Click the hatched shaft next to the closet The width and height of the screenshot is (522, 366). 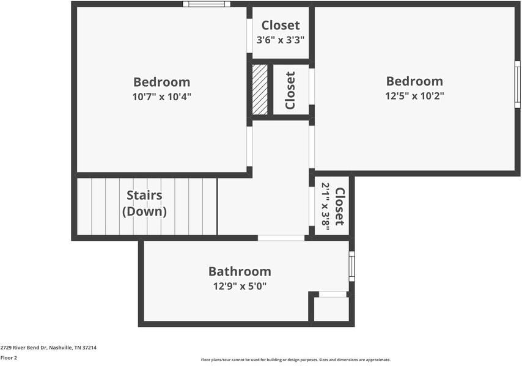(260, 89)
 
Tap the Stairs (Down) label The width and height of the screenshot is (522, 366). (144, 203)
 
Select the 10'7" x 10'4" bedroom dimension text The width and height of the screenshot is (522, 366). (161, 97)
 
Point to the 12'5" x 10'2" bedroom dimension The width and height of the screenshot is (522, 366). (414, 96)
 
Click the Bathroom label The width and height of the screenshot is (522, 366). (240, 271)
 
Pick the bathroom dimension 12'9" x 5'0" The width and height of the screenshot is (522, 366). (240, 285)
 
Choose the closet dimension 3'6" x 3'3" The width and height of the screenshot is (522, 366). (280, 40)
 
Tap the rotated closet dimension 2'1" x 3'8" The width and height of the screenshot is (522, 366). (325, 205)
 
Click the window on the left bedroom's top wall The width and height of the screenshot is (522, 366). (207, 4)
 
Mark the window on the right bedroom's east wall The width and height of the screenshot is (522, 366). (517, 84)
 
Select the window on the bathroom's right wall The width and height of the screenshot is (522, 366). (351, 266)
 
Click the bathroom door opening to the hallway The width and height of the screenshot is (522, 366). (281, 238)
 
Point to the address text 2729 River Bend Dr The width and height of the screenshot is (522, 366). (48, 347)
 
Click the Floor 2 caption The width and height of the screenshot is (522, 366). (9, 357)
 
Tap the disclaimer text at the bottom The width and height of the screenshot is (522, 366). (295, 360)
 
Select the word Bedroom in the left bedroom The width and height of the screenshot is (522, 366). (161, 82)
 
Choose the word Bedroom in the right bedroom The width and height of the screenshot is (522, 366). (414, 81)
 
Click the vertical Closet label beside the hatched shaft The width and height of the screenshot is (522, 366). (290, 90)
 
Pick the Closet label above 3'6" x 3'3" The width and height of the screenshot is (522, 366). (281, 25)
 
